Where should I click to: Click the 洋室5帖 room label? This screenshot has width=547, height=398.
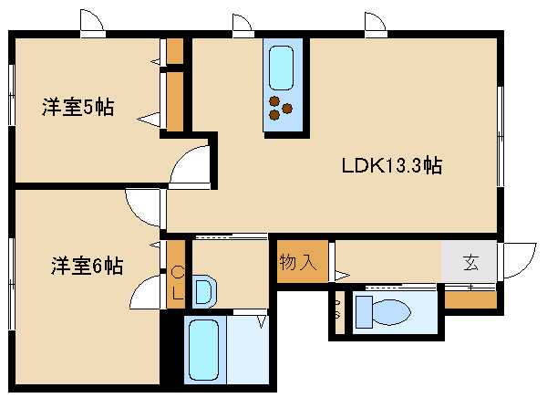[77, 107]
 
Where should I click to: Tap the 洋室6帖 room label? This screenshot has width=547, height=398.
[87, 266]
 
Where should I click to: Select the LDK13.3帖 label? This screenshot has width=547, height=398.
[392, 165]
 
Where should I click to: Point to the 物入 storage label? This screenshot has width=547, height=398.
[298, 262]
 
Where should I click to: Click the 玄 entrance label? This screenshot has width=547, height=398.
[470, 263]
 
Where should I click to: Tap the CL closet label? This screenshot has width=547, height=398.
[178, 282]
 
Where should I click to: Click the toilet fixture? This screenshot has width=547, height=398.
[383, 311]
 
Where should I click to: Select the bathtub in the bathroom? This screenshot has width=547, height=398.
[203, 350]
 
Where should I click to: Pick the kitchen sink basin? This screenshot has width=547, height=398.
[281, 68]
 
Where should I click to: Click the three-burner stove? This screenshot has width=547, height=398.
[280, 109]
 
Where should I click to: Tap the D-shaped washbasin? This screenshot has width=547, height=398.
[204, 291]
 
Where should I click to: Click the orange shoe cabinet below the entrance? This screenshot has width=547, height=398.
[470, 299]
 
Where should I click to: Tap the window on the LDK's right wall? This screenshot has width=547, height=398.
[501, 136]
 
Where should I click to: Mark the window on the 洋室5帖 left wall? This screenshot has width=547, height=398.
[12, 95]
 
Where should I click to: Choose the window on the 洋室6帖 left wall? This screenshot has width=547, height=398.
[12, 284]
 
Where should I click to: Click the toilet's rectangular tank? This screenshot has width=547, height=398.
[364, 312]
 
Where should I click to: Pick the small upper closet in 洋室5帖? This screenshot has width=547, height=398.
[175, 51]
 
